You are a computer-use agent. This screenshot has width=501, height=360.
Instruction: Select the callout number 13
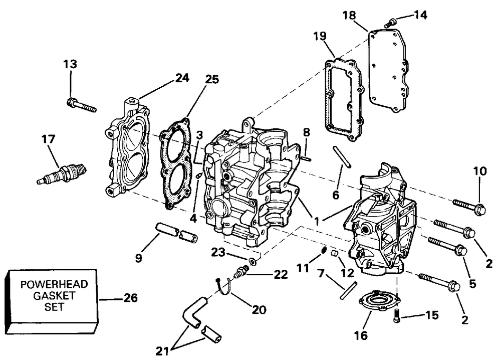point(71,64)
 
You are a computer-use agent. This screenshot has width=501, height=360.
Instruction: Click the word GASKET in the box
point(54,296)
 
